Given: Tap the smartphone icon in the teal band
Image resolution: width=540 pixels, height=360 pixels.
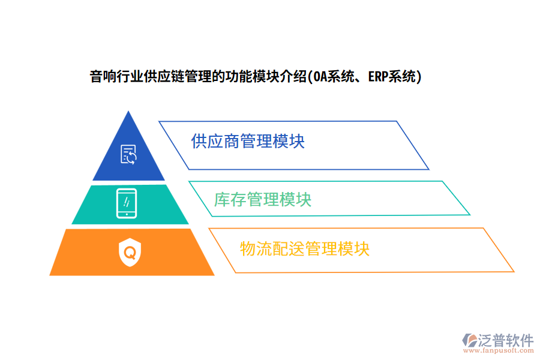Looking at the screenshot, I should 127,203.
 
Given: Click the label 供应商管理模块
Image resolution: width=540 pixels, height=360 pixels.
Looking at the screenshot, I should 247,142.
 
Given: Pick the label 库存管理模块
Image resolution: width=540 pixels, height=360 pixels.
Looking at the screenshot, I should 263,199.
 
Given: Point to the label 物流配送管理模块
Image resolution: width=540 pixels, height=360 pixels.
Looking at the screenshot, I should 304,248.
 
